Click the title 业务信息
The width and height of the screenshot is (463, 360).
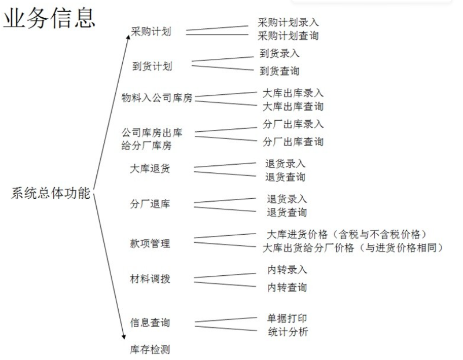49,18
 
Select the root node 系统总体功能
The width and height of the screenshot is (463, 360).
51,194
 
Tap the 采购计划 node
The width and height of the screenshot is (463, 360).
151,31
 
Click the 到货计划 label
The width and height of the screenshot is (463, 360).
152,66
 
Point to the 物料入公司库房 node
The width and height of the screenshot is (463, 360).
157,97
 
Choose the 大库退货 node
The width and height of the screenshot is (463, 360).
150,169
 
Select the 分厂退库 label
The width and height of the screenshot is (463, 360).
150,204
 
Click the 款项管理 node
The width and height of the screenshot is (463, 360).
150,243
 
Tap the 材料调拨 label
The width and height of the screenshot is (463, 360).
150,278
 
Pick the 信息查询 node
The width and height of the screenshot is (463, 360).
150,322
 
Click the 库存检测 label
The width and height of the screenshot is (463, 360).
150,350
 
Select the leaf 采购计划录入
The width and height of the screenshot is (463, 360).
288,22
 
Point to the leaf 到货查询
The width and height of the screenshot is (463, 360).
279,71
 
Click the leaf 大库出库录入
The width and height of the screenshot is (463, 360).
293,93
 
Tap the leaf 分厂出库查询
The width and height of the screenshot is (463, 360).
293,142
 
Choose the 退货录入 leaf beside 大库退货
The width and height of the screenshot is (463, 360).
285,163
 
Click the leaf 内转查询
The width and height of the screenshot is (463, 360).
288,287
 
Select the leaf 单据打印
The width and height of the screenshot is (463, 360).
288,318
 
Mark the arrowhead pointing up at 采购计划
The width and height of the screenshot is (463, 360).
128,37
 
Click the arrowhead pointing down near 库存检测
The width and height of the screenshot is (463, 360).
124,337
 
